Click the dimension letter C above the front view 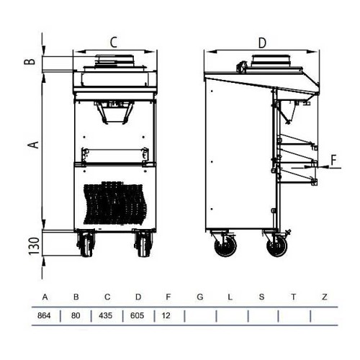tap(114, 42)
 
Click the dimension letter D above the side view tap(262, 43)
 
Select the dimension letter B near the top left tap(30, 61)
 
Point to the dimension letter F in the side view tap(334, 160)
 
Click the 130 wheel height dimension tap(34, 246)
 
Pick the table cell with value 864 tap(44, 315)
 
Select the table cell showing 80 tap(76, 315)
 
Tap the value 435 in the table tap(106, 315)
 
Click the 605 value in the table tap(137, 315)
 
